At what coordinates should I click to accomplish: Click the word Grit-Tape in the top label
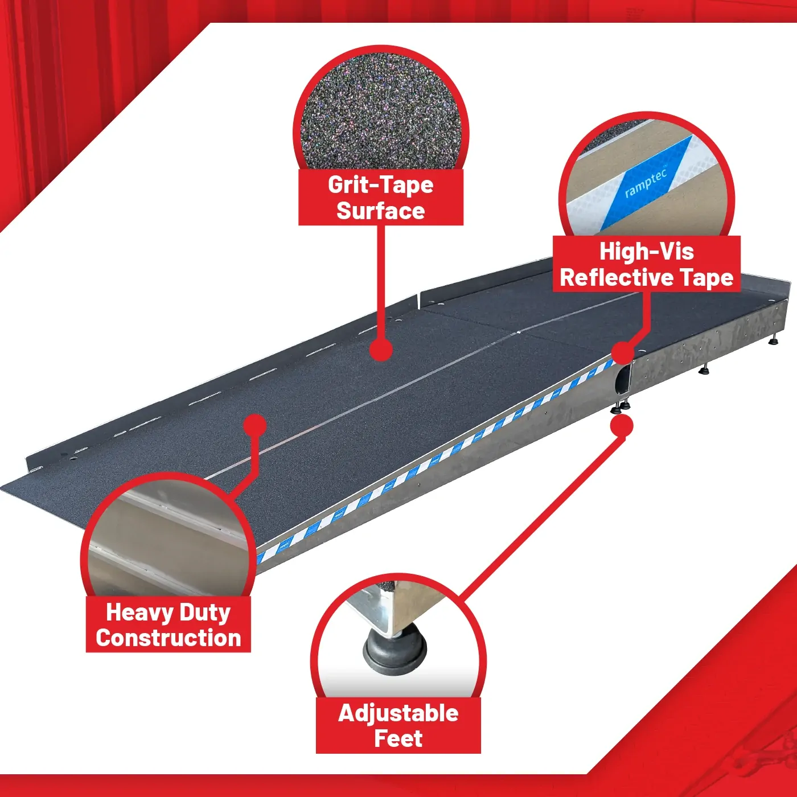(380, 185)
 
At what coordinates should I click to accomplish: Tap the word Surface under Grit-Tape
(380, 211)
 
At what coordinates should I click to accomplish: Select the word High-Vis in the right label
(647, 252)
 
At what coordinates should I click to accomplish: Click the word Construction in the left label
(169, 638)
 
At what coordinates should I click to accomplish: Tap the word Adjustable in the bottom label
(398, 713)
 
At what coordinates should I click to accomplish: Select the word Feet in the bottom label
(398, 739)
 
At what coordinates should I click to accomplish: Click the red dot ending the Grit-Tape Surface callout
(380, 351)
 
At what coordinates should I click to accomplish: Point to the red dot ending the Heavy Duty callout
(255, 425)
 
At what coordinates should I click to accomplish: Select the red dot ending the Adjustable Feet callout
(622, 426)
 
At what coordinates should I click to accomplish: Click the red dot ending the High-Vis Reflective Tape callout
(622, 353)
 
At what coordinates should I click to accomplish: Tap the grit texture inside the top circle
(381, 112)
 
